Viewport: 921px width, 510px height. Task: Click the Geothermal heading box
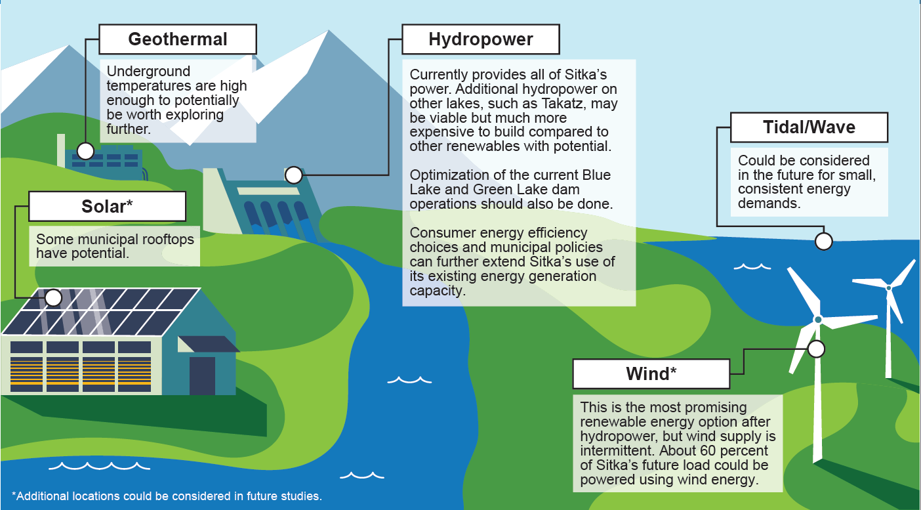(x=178, y=39)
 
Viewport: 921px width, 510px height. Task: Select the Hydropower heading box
(x=481, y=39)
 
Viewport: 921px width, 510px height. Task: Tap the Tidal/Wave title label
(x=809, y=127)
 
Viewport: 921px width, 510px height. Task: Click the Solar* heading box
(x=108, y=206)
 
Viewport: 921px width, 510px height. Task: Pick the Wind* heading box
(x=651, y=374)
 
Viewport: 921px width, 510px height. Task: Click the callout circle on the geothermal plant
(x=85, y=151)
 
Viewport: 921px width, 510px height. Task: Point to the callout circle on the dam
(x=294, y=175)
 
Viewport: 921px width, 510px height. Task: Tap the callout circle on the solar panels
(x=53, y=297)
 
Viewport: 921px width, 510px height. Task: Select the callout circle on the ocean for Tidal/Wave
(x=823, y=242)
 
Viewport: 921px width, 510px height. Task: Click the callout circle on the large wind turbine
(x=816, y=349)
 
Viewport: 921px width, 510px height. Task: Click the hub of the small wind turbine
(x=888, y=288)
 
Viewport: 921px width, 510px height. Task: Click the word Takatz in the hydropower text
(x=563, y=103)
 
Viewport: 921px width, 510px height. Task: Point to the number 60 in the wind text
(x=708, y=450)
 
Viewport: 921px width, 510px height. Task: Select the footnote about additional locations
(x=167, y=496)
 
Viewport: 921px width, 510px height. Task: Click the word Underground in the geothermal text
(x=148, y=72)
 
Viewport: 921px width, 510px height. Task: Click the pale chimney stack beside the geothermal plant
(x=61, y=150)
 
